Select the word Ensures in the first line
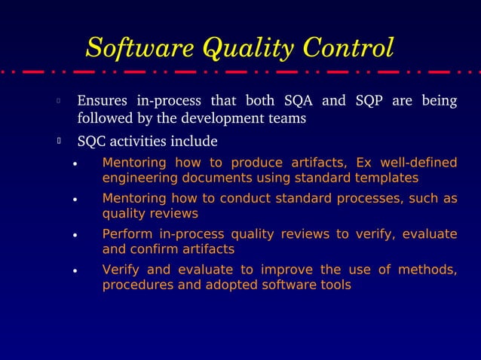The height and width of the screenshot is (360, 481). click(103, 101)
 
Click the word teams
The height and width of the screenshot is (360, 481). click(288, 119)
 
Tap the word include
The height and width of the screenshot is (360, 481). click(195, 142)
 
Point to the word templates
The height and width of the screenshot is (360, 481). click(384, 178)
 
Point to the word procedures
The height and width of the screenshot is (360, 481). click(136, 285)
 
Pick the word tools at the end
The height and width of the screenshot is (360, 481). click(334, 285)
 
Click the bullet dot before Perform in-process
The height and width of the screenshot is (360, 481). click(75, 235)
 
